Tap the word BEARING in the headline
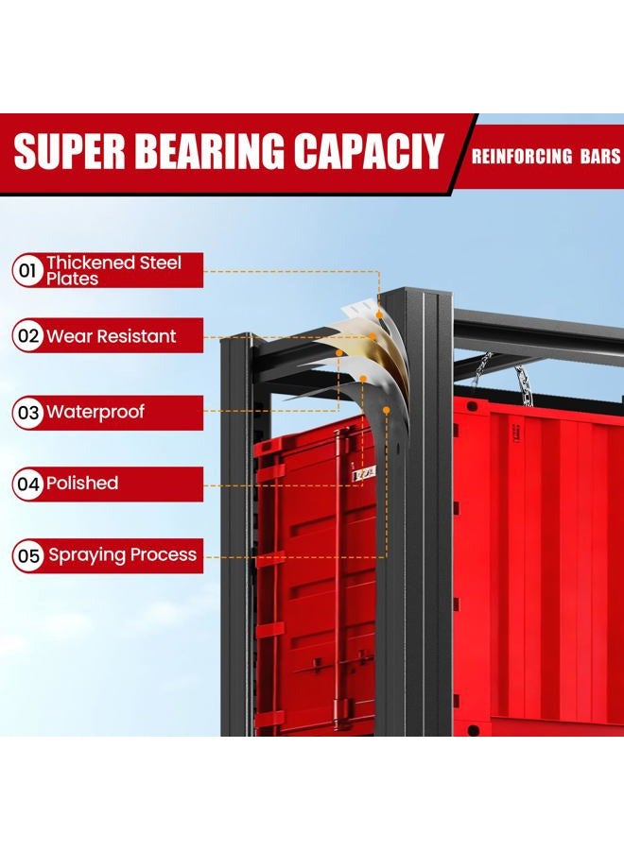[x=210, y=151]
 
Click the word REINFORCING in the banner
[x=521, y=156]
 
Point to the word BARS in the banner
[x=600, y=156]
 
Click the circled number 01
[x=27, y=270]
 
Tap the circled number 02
[x=28, y=335]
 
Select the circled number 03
[x=28, y=413]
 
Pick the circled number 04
[x=28, y=484]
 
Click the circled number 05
[x=28, y=555]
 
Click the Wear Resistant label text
[x=112, y=336]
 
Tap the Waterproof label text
[x=95, y=412]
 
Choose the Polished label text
[x=82, y=483]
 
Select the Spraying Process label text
[x=122, y=555]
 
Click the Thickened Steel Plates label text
[x=113, y=270]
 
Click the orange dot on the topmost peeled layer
[x=380, y=314]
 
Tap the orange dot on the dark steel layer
[x=387, y=411]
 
